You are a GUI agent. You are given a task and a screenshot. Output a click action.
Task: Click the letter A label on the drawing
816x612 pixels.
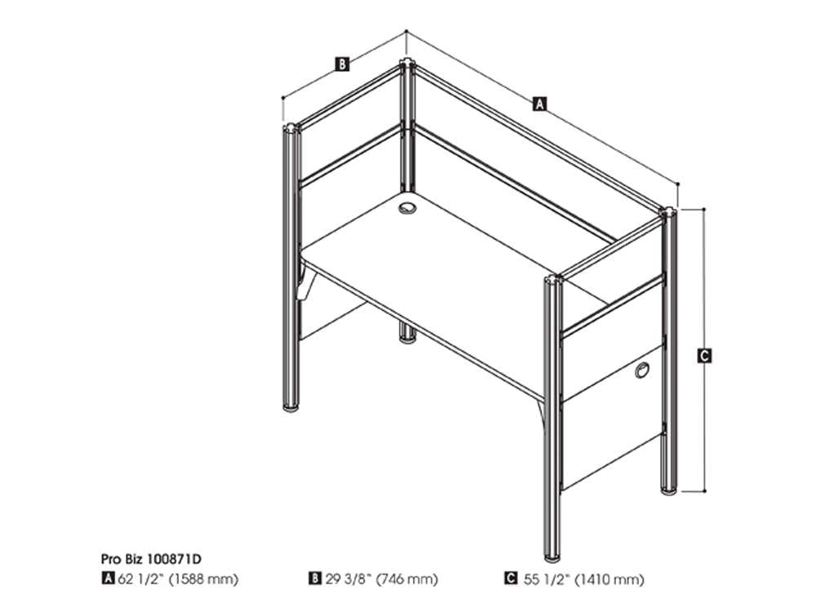540,104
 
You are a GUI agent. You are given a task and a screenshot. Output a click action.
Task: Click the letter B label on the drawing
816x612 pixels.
342,64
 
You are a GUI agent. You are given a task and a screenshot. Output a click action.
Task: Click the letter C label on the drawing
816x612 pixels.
704,356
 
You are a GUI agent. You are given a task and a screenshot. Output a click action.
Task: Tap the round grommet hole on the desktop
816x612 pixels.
407,208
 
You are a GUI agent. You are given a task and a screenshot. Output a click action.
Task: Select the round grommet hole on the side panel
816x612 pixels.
642,370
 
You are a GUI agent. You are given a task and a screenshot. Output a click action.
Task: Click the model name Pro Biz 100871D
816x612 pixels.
151,560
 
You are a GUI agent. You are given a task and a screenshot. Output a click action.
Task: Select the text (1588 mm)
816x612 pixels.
203,579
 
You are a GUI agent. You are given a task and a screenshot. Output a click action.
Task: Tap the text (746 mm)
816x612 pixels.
407,579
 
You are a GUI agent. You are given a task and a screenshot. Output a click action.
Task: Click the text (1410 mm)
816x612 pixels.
610,579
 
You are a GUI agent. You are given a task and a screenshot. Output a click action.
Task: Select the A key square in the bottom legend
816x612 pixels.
108,579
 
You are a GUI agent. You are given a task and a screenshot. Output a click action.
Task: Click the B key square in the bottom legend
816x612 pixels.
315,579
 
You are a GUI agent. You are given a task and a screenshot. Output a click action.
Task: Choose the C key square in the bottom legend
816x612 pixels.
511,579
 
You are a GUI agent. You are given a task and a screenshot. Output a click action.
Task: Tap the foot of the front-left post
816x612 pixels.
291,406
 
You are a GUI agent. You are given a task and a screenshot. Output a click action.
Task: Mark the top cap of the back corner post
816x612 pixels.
406,63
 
